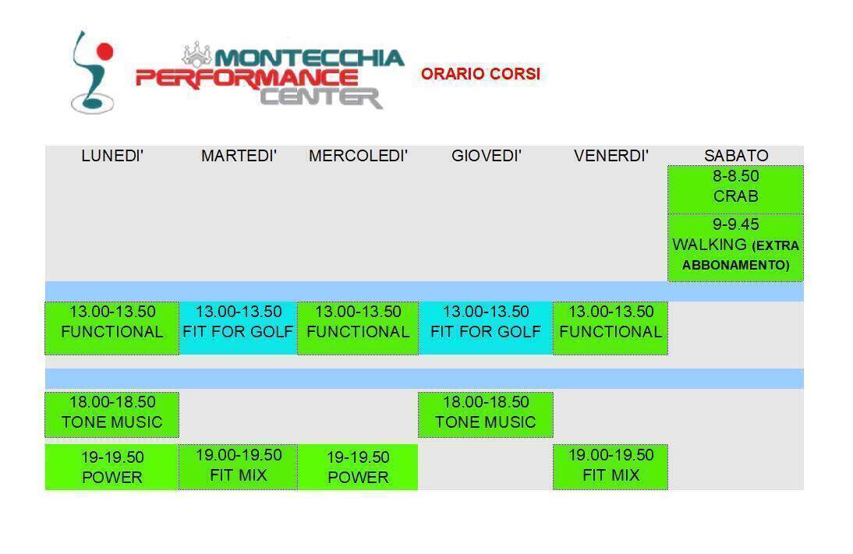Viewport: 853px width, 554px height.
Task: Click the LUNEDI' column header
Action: coord(112,156)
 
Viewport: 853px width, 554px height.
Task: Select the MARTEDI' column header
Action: coord(239,156)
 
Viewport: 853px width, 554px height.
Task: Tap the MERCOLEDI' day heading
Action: coord(358,156)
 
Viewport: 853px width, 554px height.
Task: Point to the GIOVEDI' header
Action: coord(487,156)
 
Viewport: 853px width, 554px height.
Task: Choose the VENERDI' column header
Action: coord(611,156)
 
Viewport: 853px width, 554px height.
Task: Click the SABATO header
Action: coord(736,156)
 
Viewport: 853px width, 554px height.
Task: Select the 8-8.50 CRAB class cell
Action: coord(735,189)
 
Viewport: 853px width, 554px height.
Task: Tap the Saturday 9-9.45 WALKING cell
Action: coord(735,247)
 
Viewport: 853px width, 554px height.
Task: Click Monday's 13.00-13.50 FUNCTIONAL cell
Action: coord(112,328)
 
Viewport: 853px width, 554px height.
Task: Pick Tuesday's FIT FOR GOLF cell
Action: coord(239,328)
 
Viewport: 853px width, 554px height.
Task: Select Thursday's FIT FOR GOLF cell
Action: coord(486,328)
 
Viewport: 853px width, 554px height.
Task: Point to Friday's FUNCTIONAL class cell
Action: coord(611,328)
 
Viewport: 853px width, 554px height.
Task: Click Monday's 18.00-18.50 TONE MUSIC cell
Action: coord(112,415)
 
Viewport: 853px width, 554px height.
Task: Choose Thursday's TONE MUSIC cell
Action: coord(486,415)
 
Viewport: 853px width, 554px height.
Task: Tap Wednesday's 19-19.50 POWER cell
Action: coord(358,467)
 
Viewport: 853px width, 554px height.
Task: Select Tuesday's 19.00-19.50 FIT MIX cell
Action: coord(239,467)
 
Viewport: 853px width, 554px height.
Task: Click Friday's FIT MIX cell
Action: coord(611,467)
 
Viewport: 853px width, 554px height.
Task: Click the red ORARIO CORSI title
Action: coord(481,73)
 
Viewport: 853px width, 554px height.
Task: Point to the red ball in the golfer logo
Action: coord(104,51)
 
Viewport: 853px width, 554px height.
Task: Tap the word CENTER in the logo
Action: coord(321,98)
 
